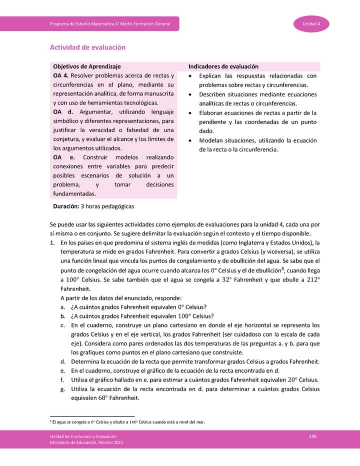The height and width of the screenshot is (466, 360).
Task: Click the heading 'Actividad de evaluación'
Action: (x=87, y=47)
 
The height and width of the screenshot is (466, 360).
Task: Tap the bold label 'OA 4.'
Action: (x=61, y=76)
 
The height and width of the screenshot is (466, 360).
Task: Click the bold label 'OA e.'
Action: (x=62, y=157)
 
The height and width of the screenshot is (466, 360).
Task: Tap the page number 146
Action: (x=312, y=436)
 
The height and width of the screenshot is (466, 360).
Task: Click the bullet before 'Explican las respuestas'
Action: (x=190, y=76)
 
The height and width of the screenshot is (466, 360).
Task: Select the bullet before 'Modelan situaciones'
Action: (x=190, y=140)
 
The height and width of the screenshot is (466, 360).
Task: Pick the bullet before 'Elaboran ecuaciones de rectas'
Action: (x=190, y=113)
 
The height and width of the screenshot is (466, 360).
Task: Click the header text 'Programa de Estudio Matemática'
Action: (x=110, y=24)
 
